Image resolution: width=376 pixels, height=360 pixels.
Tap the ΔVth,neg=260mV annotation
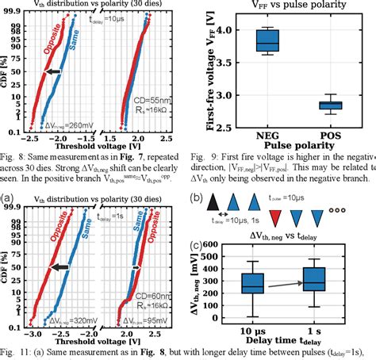(48, 125)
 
